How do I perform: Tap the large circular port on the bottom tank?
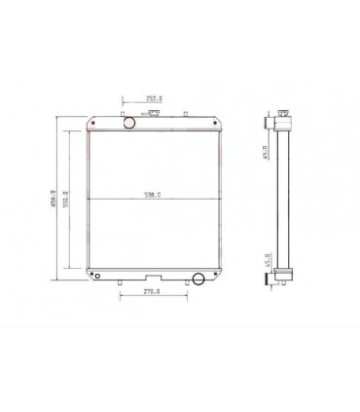[x=198, y=280]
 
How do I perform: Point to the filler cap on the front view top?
[x=153, y=117]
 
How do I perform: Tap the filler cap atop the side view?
[x=283, y=117]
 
